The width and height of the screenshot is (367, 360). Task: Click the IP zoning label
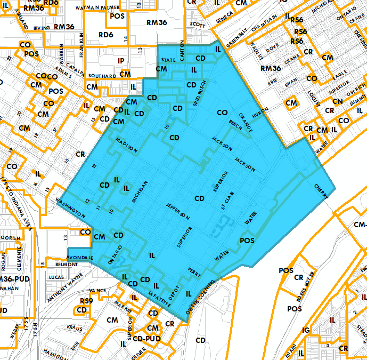[x=121, y=61]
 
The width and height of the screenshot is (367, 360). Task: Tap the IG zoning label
[x=305, y=331]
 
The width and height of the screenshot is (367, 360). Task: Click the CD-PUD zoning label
[x=147, y=338]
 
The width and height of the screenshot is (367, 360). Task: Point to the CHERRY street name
[x=322, y=192]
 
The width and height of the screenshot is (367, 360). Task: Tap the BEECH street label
[x=235, y=122]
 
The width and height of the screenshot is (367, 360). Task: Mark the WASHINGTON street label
[x=70, y=207]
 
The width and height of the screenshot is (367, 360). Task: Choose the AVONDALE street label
[x=80, y=258]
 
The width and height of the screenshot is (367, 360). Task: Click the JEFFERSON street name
[x=177, y=211]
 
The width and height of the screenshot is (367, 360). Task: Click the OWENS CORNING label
[x=200, y=298]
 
